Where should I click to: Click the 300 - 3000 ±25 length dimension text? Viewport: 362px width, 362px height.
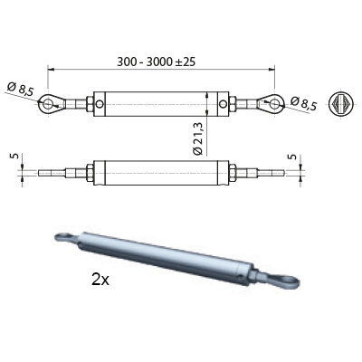tap(157, 62)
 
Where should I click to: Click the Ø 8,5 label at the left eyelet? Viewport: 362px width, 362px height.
tap(21, 90)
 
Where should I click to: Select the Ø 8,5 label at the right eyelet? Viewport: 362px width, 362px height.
tap(304, 103)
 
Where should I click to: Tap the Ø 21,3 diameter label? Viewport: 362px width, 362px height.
tap(198, 138)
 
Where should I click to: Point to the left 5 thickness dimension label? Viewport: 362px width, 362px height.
tap(15, 156)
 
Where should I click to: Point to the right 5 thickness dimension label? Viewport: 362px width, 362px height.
tap(292, 157)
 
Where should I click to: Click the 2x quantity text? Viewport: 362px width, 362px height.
tap(100, 280)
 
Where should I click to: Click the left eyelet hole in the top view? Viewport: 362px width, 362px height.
tap(47, 104)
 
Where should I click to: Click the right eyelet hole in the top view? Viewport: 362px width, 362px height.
tap(274, 104)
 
